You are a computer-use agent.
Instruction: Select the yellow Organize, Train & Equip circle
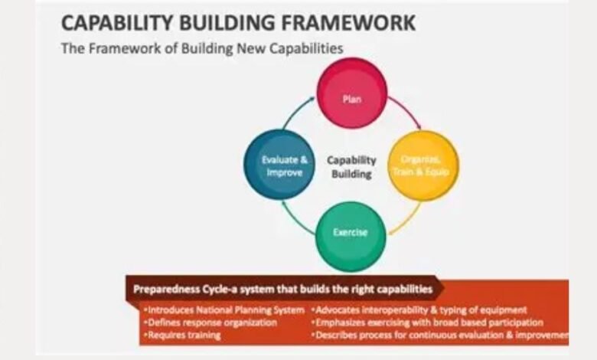tap(423, 165)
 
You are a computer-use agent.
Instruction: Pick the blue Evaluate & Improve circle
tap(279, 165)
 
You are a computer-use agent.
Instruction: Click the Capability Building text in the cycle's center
tap(351, 167)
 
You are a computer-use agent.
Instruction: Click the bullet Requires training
tap(184, 335)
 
